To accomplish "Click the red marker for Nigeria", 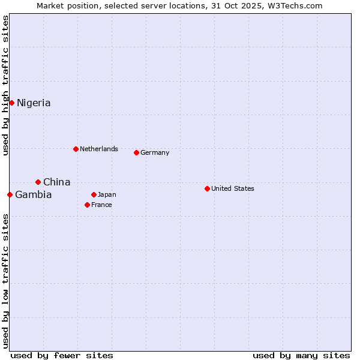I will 11,103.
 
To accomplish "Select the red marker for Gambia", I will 10,194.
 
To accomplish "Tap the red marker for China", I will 38,182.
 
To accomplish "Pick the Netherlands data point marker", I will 76,149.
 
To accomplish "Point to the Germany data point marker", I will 136,152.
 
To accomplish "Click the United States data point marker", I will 207,188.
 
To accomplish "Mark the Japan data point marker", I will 94,194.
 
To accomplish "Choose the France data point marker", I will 87,205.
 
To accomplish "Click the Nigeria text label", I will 34,103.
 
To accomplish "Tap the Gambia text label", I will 34,195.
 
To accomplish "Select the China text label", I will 56,182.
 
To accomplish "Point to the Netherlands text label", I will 99,149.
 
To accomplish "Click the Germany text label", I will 155,152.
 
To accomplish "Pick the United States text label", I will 233,188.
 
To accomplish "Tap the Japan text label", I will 107,194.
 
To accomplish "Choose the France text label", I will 101,205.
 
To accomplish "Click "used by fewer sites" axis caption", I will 62,355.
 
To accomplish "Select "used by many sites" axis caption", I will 301,355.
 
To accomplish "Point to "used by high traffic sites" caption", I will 5,85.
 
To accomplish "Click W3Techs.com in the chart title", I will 295,5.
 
